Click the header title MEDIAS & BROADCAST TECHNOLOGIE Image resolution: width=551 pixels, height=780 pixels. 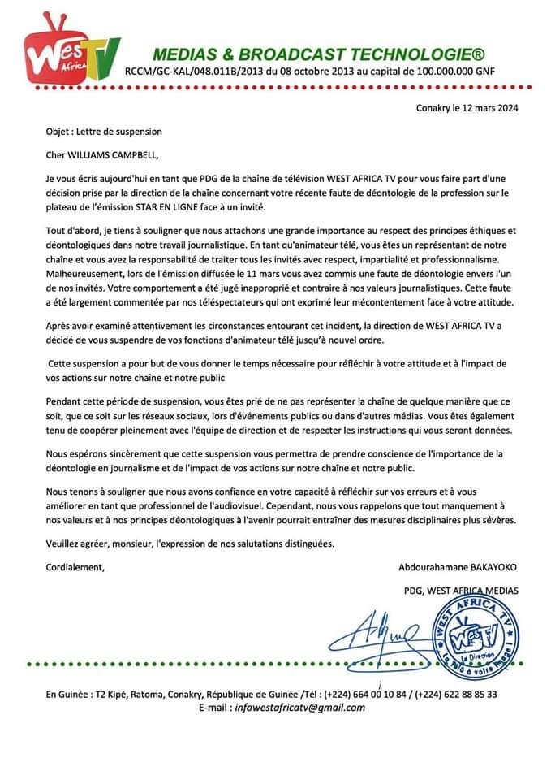click(x=319, y=54)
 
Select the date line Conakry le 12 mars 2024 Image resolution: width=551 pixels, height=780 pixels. click(x=467, y=107)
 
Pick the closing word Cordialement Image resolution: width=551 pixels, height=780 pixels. click(x=75, y=566)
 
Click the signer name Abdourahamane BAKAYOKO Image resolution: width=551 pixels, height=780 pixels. click(x=458, y=566)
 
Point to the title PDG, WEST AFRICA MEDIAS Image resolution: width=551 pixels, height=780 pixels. click(x=460, y=590)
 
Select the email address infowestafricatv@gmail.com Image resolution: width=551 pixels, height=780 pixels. click(x=299, y=708)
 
